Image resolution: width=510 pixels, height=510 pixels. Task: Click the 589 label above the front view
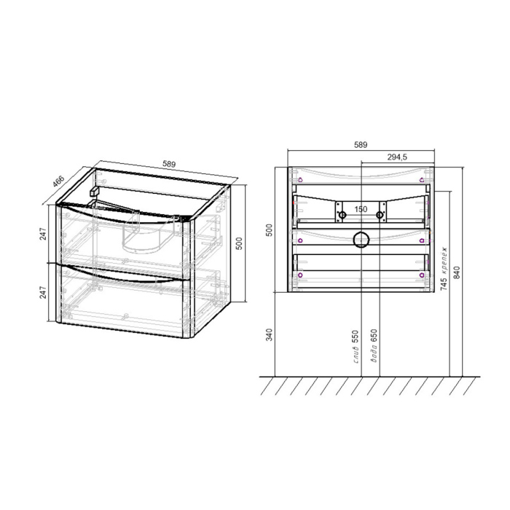[x=361, y=145]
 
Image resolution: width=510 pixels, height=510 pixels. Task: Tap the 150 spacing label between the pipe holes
[x=360, y=209]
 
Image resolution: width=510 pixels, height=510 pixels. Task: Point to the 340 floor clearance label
[x=269, y=334]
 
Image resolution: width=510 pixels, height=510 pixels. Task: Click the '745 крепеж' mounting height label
[x=444, y=267]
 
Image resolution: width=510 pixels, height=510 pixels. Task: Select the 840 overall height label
[x=457, y=272]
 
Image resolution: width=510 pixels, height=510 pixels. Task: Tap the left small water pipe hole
[x=342, y=215]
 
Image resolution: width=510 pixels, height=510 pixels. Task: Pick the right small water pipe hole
[x=380, y=215]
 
